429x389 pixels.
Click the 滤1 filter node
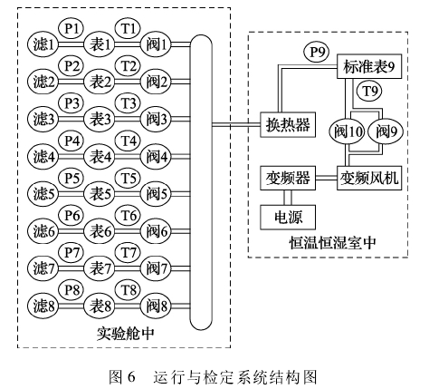click(43, 44)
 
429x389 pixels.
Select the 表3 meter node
click(100, 119)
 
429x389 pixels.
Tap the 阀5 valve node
click(156, 193)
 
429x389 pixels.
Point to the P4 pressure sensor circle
click(71, 141)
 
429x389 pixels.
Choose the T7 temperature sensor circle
click(128, 252)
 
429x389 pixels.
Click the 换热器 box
click(288, 124)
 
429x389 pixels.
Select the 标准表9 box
click(369, 66)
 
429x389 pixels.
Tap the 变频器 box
click(288, 178)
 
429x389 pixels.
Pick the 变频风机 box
click(369, 178)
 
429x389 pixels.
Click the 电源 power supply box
click(288, 218)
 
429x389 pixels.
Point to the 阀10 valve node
click(348, 131)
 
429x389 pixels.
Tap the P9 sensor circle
click(316, 53)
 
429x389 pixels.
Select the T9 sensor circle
click(369, 91)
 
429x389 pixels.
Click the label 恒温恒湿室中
click(333, 243)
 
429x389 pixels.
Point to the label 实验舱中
click(126, 334)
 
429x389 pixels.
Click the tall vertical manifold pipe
click(201, 182)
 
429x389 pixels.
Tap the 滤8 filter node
click(43, 306)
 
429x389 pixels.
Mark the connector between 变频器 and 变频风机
click(326, 178)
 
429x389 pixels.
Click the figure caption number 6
click(130, 376)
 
